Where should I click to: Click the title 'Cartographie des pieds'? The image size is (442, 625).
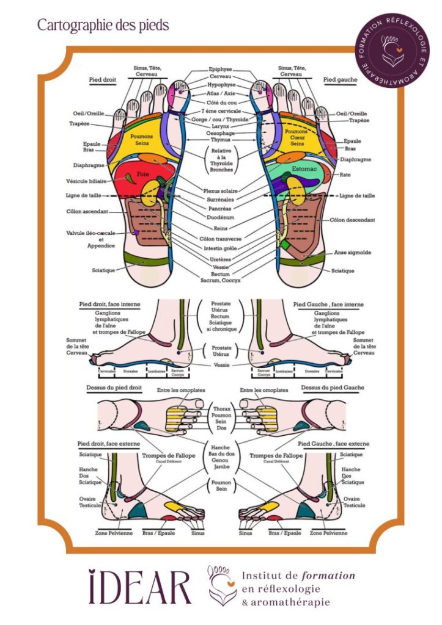pyautogui.click(x=103, y=25)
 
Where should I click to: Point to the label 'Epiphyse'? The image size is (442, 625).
pyautogui.click(x=221, y=70)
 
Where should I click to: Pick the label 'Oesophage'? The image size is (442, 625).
pyautogui.click(x=221, y=134)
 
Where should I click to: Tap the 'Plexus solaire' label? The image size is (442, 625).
pyautogui.click(x=221, y=190)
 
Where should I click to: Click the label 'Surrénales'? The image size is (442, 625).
pyautogui.click(x=221, y=199)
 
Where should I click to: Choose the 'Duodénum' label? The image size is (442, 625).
pyautogui.click(x=221, y=217)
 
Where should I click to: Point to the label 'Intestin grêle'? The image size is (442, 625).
pyautogui.click(x=221, y=248)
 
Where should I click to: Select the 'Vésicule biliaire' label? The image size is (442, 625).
pyautogui.click(x=87, y=181)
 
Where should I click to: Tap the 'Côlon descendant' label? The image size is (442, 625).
pyautogui.click(x=352, y=220)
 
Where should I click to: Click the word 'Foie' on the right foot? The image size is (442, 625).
pyautogui.click(x=143, y=174)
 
